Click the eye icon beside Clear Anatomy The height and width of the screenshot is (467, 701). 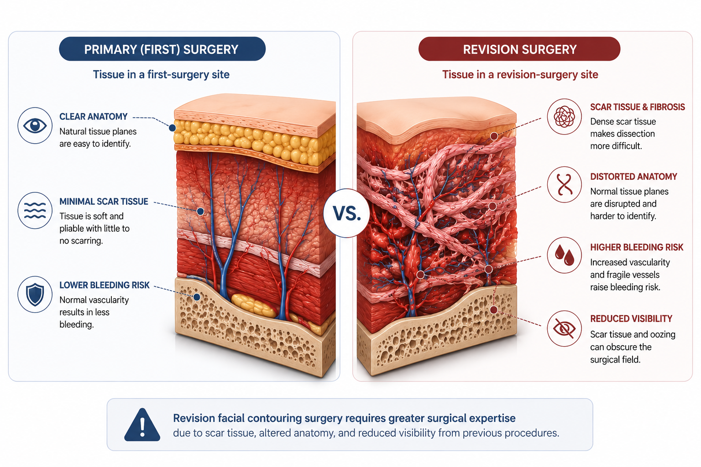coord(35,125)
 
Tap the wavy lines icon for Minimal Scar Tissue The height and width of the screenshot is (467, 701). coord(35,210)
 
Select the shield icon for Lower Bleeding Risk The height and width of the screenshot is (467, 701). coord(35,294)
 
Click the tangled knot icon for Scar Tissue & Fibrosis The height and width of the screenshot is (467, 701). coord(564,117)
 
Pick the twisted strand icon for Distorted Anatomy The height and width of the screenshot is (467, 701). coord(564,185)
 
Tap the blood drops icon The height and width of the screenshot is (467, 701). coord(564,255)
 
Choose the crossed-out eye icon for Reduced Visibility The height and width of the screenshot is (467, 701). coord(564,328)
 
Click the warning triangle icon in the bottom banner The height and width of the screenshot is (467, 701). coord(142,425)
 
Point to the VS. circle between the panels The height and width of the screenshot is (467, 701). coord(346,213)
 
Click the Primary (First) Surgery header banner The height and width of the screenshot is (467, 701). coord(162,49)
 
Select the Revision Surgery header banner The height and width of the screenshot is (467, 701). coord(519,49)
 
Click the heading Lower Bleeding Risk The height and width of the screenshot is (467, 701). coord(105,285)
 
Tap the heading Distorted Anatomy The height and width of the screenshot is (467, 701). coord(633,176)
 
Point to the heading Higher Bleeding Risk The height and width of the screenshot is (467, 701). coord(637,247)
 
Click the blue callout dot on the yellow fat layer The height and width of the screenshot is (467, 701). coord(172,128)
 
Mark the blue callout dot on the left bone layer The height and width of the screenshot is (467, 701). coord(197,297)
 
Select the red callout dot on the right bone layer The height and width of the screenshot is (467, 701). coord(493,310)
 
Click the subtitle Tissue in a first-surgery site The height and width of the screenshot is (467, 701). coord(161,74)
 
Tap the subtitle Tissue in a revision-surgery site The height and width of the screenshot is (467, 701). coord(520,74)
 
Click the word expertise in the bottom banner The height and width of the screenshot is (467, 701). coord(492,418)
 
